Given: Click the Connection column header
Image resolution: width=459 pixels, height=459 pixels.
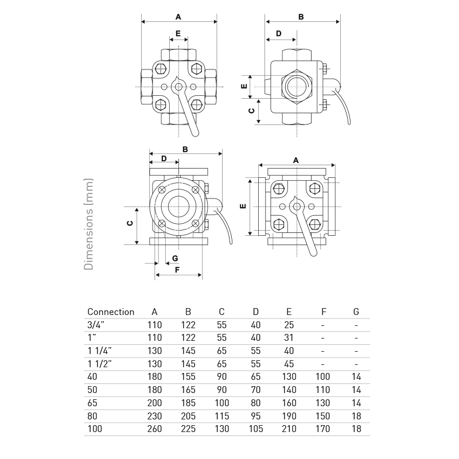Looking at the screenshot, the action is pos(111,312).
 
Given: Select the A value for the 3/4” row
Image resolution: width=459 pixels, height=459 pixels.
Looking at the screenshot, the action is pos(154,325).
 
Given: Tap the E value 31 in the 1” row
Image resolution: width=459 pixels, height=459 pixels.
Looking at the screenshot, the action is pos(289,338).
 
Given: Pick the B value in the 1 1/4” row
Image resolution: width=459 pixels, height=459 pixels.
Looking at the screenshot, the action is pos(188,351).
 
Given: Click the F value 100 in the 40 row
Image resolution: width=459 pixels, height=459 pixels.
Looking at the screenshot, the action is pos(322,377).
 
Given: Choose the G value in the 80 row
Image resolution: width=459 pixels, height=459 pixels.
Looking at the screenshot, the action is pos(356,416).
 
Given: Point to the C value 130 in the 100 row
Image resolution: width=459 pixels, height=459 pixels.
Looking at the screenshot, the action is pos(221,429).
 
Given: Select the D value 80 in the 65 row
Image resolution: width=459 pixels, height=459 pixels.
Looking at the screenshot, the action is pos(255,403).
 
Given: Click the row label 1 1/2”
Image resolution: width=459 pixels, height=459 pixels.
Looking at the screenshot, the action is pos(99,364).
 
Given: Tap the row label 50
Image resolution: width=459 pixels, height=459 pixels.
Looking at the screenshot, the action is pos(92,390).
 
